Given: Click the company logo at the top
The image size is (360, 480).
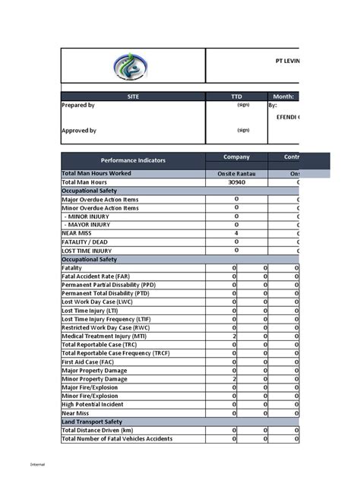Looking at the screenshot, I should point(132,67).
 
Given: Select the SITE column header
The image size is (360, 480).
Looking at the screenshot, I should point(132,96).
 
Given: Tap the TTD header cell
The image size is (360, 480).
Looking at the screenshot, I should point(235,96).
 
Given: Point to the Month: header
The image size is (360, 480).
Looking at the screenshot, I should point(283,96).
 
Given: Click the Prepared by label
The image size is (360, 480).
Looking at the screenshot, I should point(78,106).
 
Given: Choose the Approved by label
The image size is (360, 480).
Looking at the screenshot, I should point(79,131).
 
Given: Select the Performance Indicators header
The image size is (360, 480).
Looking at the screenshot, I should point(133,161).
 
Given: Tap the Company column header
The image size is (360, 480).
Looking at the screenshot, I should point(235,157).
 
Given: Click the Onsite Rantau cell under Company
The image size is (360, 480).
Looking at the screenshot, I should point(235,174).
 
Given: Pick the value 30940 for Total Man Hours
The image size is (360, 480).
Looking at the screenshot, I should point(236,182).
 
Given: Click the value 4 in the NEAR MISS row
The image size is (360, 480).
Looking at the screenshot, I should point(236,232).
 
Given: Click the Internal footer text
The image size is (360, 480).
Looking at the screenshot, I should point(37,464).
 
